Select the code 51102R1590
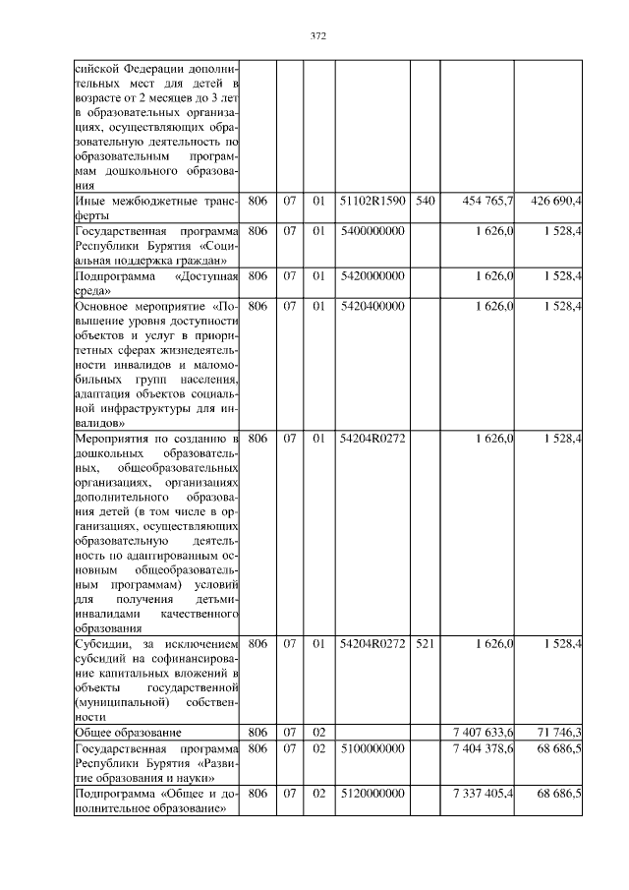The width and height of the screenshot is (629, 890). coord(372,202)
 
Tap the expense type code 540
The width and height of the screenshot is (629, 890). coord(424,202)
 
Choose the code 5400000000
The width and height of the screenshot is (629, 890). coord(372,230)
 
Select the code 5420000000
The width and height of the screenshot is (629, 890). coord(372,277)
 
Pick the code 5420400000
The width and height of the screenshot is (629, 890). coord(372,307)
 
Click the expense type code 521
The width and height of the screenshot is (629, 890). coord(424,644)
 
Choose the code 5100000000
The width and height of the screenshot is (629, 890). coord(372,748)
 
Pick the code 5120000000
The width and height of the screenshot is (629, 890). coord(372,794)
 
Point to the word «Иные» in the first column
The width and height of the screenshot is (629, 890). coord(91,202)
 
